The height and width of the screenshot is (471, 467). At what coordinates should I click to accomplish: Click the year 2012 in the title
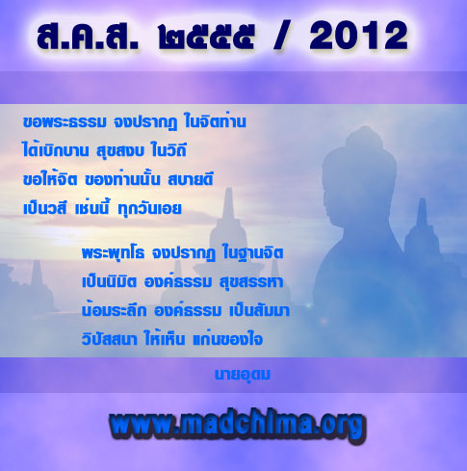(359, 36)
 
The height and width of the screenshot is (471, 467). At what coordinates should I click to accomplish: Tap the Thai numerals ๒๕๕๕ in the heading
(206, 37)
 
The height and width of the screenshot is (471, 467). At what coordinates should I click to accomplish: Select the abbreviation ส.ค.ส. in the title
(88, 37)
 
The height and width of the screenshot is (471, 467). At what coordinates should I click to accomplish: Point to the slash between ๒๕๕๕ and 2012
(282, 35)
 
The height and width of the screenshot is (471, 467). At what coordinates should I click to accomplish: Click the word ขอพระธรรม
(65, 122)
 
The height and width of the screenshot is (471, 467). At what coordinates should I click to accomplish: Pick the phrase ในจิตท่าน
(215, 121)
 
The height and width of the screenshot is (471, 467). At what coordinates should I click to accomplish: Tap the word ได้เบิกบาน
(56, 149)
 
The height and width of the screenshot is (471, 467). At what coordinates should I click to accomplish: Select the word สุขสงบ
(120, 151)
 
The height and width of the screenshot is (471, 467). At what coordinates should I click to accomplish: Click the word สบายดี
(191, 179)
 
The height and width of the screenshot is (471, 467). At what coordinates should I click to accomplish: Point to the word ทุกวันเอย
(149, 209)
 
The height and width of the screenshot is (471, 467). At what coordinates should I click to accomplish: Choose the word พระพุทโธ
(113, 253)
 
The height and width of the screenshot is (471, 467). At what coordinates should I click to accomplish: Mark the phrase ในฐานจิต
(253, 252)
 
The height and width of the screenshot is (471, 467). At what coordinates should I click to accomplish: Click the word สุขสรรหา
(251, 282)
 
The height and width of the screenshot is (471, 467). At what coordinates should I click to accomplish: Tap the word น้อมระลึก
(114, 309)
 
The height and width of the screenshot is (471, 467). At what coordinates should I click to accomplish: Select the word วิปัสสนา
(109, 338)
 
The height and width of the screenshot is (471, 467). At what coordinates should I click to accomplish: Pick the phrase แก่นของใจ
(227, 338)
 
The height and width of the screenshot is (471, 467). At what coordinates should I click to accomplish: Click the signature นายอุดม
(243, 375)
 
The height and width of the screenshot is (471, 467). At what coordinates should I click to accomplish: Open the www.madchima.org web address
(238, 426)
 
